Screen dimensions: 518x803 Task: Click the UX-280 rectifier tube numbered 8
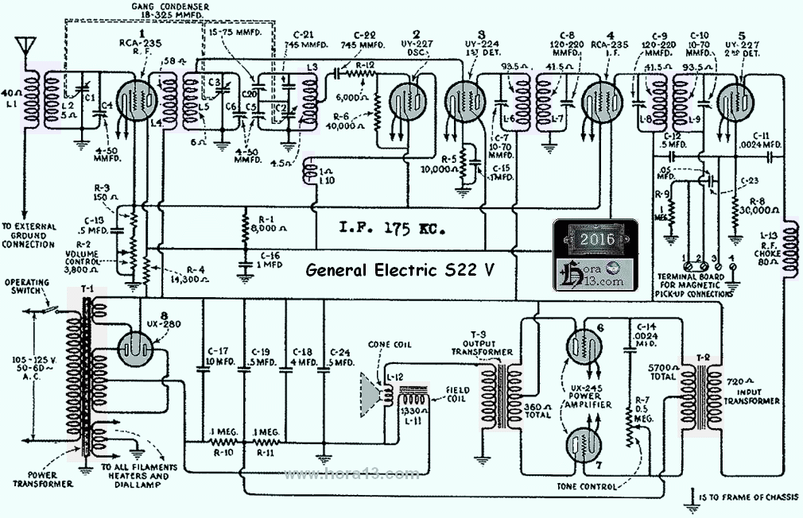click(140, 347)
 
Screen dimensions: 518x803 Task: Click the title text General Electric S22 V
click(401, 270)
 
